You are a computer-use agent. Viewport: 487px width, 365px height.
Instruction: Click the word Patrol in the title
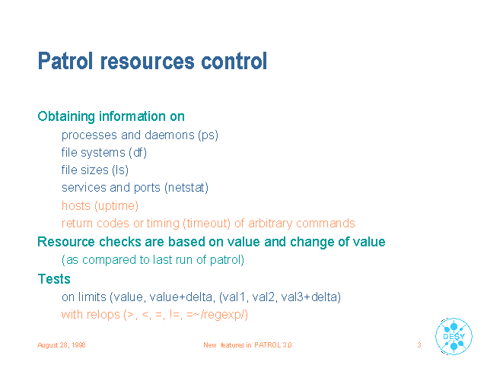(x=65, y=61)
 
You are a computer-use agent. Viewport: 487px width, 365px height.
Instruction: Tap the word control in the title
(x=234, y=61)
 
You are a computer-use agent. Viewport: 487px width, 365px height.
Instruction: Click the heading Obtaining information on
(x=111, y=116)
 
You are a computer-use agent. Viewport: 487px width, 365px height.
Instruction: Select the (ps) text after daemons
(x=208, y=135)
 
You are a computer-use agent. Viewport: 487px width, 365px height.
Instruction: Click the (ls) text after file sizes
(x=120, y=170)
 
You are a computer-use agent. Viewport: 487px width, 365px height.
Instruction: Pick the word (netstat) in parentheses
(x=186, y=188)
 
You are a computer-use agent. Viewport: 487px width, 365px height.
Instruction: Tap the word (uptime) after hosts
(x=116, y=206)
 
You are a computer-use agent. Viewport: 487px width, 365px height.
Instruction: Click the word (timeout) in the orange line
(x=207, y=224)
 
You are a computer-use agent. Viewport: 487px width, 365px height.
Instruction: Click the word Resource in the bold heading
(x=66, y=242)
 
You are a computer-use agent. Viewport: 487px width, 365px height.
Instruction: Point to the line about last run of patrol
(x=153, y=260)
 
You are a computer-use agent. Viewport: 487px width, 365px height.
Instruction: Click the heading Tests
(x=54, y=279)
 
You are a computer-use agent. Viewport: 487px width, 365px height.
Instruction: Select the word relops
(x=103, y=315)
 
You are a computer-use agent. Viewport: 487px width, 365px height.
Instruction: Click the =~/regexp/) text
(x=218, y=315)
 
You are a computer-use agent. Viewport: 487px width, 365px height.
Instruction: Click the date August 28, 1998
(x=62, y=345)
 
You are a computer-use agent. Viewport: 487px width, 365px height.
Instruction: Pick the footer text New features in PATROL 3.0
(x=247, y=345)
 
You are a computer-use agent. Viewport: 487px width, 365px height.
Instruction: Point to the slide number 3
(x=419, y=344)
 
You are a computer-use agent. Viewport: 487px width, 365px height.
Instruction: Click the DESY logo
(x=454, y=336)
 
